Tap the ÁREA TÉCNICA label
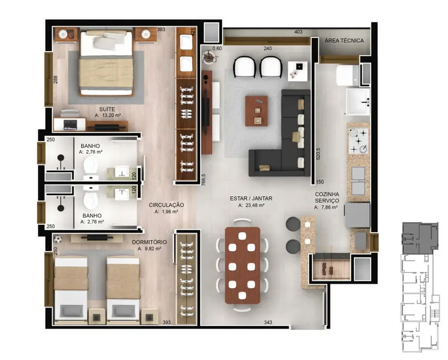344,40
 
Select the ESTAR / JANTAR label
251,198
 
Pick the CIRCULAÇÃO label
166,204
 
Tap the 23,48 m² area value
251,205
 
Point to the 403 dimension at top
298,32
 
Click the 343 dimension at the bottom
267,322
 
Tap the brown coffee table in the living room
256,111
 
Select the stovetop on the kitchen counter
357,141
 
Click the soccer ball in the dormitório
57,239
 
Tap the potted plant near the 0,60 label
209,55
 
